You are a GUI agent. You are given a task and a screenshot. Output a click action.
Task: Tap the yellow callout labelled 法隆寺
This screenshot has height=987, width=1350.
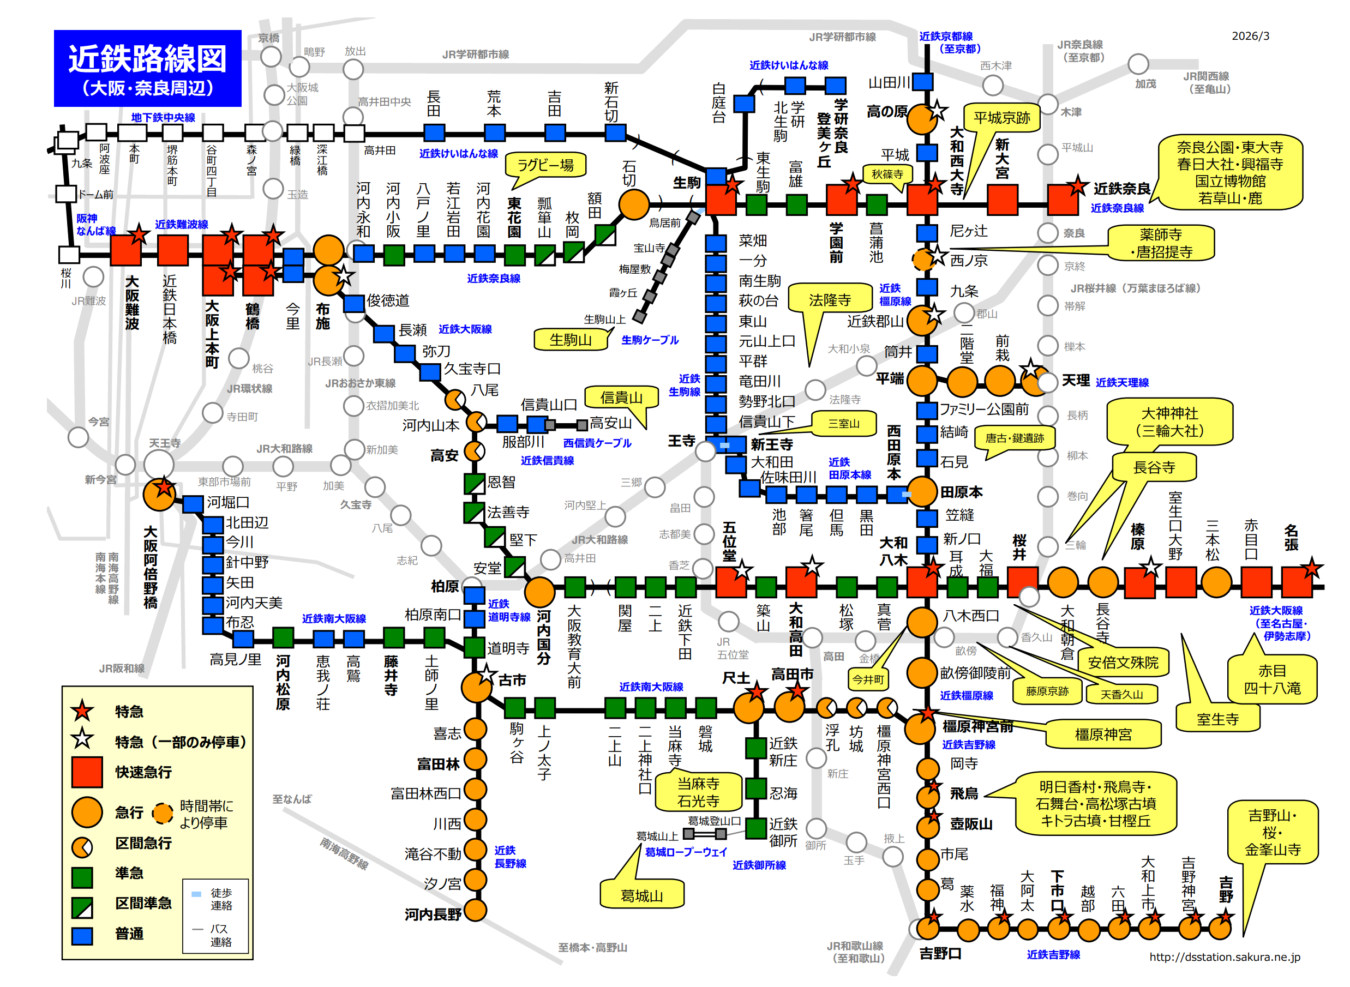[x=829, y=300]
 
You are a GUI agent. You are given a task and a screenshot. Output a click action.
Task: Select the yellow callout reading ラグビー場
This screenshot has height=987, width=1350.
[x=545, y=165]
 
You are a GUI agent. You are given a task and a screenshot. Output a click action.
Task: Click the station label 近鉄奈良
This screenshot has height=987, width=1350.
[x=1121, y=189]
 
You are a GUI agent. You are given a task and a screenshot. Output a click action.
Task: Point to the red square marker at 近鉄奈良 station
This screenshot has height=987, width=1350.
[x=1061, y=200]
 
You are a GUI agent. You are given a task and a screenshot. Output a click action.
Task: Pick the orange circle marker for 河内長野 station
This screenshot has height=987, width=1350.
[x=475, y=910]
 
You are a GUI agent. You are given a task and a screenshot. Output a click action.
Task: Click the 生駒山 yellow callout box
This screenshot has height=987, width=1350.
[x=570, y=340]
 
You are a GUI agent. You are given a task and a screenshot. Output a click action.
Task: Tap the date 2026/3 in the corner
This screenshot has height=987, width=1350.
[x=1250, y=36]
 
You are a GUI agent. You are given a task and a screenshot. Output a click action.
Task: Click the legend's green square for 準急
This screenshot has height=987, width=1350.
[x=82, y=877]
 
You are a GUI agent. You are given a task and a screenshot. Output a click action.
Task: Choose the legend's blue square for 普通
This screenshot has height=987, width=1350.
[x=82, y=936]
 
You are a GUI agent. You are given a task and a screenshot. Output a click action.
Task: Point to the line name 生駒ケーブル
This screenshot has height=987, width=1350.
[x=650, y=340]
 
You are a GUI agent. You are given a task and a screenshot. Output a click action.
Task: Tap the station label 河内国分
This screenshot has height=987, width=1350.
[x=543, y=637]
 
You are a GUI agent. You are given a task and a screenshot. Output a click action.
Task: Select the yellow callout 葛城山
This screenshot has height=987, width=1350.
[x=641, y=895]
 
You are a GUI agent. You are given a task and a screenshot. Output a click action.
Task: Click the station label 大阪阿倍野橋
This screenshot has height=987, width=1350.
[x=151, y=568]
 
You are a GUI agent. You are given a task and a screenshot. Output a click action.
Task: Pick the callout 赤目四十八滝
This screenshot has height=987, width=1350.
[x=1271, y=679]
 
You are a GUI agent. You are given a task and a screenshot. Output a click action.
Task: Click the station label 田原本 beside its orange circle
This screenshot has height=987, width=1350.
[x=961, y=492]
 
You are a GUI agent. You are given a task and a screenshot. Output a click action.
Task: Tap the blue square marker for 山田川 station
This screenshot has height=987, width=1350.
[x=923, y=82]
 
